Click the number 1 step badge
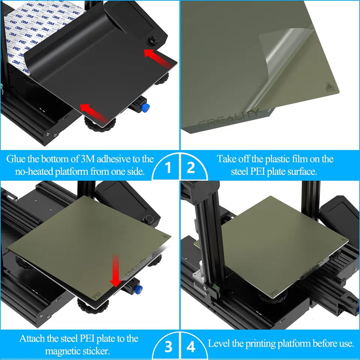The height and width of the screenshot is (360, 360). point(168,167)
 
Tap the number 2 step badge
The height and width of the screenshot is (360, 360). point(191,167)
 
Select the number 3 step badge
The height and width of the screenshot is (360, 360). point(168,346)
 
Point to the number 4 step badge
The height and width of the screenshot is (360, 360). point(191,346)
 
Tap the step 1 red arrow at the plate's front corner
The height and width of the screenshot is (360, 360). point(94,112)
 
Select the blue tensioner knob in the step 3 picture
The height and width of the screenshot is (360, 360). point(139,289)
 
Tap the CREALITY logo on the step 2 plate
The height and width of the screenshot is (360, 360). point(228,118)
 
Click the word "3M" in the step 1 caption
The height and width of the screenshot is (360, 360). point(87,159)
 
